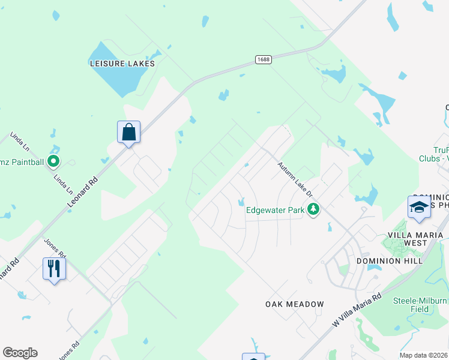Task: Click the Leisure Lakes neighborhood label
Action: click(x=122, y=63)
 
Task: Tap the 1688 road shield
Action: click(x=262, y=59)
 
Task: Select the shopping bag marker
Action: click(x=128, y=131)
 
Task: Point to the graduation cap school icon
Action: click(x=419, y=207)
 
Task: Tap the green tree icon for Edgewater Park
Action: click(x=312, y=209)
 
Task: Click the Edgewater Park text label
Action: click(x=276, y=210)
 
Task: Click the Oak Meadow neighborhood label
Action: click(x=295, y=304)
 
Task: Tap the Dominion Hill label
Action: click(x=387, y=261)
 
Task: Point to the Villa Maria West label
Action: click(x=415, y=238)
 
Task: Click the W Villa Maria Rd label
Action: click(x=357, y=310)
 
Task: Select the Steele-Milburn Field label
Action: click(x=420, y=305)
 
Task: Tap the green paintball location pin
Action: click(x=53, y=160)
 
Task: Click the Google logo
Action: click(x=20, y=353)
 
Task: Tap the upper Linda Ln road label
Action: click(x=19, y=142)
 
